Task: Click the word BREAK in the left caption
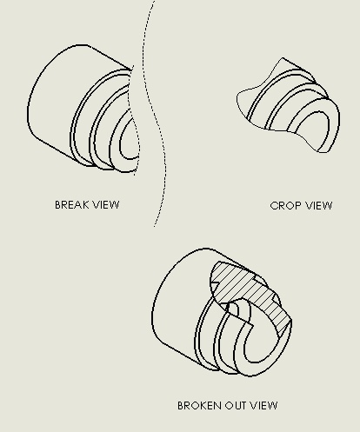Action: (x=71, y=205)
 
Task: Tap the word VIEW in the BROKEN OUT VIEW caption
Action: (x=264, y=405)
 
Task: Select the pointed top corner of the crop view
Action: (x=283, y=58)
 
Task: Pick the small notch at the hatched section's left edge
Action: (x=215, y=286)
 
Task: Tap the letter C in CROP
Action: (x=274, y=206)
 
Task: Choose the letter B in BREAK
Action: (x=58, y=205)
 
